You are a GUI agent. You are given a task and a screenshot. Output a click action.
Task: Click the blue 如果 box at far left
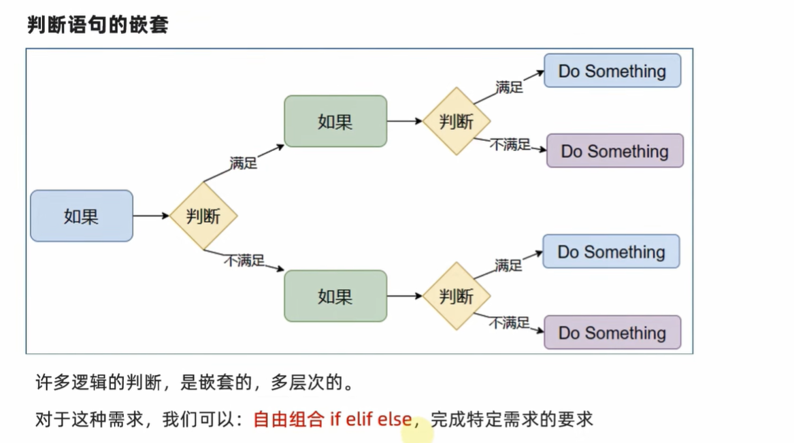[x=82, y=216]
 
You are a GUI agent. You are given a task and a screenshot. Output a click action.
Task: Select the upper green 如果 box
[x=335, y=121]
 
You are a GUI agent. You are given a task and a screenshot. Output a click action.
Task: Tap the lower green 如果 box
[x=335, y=296]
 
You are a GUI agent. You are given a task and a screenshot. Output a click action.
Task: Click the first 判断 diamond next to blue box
[x=203, y=216]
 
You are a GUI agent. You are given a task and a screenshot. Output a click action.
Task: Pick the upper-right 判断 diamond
[x=457, y=121]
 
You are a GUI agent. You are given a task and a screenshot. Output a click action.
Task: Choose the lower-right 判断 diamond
[x=457, y=296]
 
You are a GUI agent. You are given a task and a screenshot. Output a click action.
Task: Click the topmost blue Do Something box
[x=612, y=71]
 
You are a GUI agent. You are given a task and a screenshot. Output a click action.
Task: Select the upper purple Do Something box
[x=614, y=151]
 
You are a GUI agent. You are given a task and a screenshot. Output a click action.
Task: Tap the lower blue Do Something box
[x=611, y=252]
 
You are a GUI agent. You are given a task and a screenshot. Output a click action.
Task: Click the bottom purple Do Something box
[x=612, y=333]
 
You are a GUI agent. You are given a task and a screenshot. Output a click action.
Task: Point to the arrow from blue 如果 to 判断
[x=151, y=216]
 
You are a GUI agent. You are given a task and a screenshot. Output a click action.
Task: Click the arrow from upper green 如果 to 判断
[x=405, y=121]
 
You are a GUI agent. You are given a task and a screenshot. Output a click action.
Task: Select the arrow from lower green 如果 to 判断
[x=405, y=296]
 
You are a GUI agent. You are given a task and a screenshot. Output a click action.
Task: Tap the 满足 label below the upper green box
[x=244, y=163]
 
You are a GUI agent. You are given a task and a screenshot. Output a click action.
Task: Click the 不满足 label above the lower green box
[x=244, y=260]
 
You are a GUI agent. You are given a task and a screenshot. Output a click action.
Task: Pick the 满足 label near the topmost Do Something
[x=509, y=87]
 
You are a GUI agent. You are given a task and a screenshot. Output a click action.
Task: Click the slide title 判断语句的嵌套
[x=98, y=25]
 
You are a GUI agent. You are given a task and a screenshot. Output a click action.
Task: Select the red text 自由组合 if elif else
[x=332, y=419]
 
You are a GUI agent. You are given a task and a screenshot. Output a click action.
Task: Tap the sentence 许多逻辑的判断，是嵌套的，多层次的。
[x=195, y=383]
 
